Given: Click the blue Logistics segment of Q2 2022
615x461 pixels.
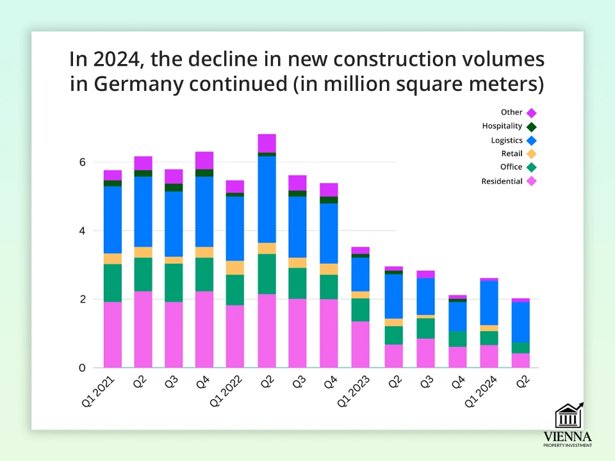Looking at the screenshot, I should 266,199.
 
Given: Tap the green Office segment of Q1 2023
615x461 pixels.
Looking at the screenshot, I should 360,309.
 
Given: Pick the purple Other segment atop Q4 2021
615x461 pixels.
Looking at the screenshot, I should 204,160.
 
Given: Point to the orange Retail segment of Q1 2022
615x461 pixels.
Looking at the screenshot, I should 235,268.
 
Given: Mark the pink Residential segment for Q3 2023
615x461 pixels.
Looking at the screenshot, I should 423,353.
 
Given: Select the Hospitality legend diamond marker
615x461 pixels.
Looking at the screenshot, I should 531,126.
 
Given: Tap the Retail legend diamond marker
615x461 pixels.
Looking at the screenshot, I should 531,154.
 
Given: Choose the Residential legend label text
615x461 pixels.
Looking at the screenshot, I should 502,181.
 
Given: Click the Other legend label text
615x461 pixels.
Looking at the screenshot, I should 512,113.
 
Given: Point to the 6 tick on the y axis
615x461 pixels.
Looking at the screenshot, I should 82,162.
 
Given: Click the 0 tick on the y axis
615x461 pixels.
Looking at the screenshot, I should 82,368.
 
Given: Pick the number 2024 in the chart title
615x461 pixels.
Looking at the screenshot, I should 113,60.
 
